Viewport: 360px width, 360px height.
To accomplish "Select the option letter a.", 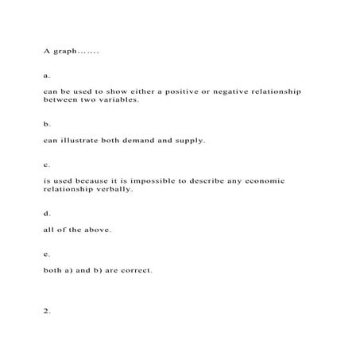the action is (x=47, y=76).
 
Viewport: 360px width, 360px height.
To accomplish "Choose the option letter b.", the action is (x=47, y=125).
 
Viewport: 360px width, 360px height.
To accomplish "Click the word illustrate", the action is (x=81, y=141).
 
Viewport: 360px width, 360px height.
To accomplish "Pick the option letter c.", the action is (x=47, y=165).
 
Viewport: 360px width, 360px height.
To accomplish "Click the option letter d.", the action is (x=47, y=214).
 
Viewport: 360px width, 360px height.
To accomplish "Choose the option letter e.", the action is (x=47, y=254).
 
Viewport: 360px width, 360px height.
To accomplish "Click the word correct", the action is (x=135, y=270).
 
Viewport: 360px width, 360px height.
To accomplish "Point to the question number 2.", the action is (x=47, y=311).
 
